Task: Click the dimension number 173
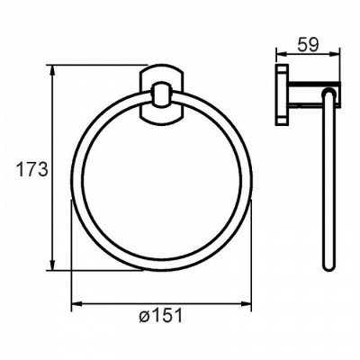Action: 32,169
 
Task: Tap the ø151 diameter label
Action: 161,316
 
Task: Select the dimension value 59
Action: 308,46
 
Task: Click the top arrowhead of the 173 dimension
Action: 52,71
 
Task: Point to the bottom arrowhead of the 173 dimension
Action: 52,265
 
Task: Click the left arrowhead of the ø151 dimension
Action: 77,304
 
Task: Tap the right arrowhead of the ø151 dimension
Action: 246,304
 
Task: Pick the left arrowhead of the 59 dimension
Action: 282,54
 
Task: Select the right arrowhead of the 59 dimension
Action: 334,54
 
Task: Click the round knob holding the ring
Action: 162,94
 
